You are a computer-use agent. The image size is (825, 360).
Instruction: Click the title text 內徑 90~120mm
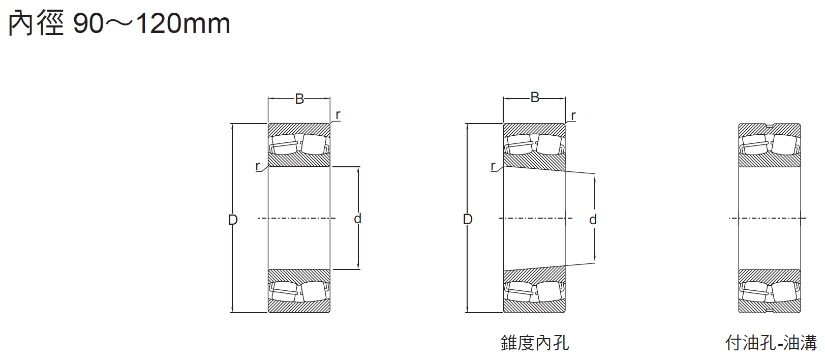pos(119,23)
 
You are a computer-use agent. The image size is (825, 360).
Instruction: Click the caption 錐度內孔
pos(535,342)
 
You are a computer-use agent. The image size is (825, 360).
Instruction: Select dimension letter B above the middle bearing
pos(535,98)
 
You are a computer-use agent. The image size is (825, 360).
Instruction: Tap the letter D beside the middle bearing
pos(468,219)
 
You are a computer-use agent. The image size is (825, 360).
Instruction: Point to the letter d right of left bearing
pos(357,219)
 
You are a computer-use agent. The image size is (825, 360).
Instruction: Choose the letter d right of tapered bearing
pos(593,220)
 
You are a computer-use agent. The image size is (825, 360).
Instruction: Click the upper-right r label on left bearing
pos(338,114)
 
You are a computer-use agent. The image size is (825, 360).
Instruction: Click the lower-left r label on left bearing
pos(258,166)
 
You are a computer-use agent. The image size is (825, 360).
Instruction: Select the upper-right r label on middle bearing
pos(573,115)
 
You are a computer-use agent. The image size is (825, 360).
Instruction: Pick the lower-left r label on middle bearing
pos(493,166)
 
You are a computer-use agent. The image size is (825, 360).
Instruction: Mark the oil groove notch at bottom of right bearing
pos(770,311)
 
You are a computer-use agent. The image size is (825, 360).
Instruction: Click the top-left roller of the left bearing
pos(284,144)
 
